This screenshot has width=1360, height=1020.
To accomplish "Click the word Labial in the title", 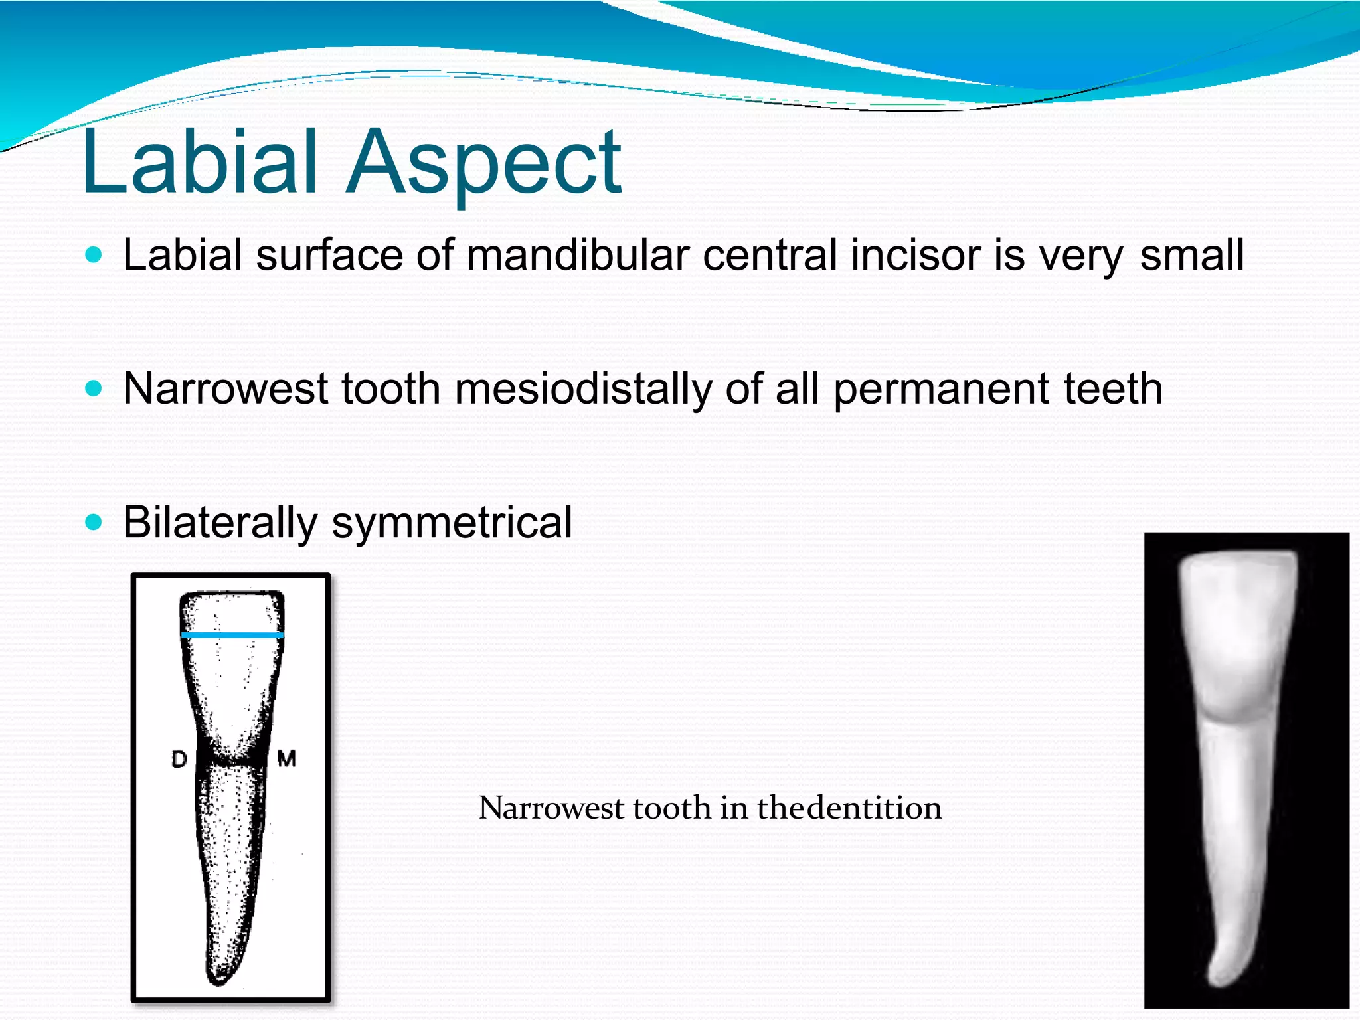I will tap(199, 163).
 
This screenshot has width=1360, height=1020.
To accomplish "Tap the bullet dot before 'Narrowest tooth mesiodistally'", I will tap(94, 388).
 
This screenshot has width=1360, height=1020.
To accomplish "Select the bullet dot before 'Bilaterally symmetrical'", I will tap(94, 522).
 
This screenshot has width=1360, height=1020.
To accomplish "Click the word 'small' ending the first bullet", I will tap(1191, 255).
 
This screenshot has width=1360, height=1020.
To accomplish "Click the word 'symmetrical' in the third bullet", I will tap(452, 523).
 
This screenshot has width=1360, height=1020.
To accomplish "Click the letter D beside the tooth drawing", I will tap(179, 759).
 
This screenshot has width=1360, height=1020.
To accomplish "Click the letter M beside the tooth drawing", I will tap(286, 758).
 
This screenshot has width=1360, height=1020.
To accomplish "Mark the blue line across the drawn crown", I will tap(232, 636).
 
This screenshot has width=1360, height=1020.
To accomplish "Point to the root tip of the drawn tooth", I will tap(220, 979).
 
